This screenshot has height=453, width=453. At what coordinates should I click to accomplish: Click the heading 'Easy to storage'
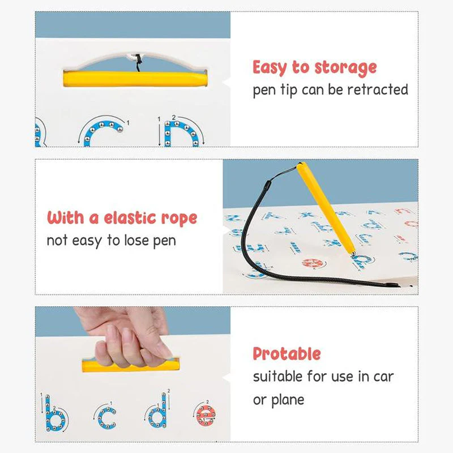point(315,68)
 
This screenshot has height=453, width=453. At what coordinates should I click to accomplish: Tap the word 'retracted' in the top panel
point(378,89)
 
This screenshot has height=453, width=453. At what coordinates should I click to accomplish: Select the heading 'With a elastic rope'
point(122,218)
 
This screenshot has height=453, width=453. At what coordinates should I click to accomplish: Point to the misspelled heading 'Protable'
point(287,353)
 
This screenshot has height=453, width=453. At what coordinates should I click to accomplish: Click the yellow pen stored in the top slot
point(135,79)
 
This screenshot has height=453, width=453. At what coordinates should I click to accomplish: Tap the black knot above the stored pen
point(139,60)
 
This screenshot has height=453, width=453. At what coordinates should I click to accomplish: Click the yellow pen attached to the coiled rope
point(326,208)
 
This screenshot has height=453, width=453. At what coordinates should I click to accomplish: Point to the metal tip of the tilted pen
point(353,254)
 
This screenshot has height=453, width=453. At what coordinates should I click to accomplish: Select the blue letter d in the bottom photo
point(158,412)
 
